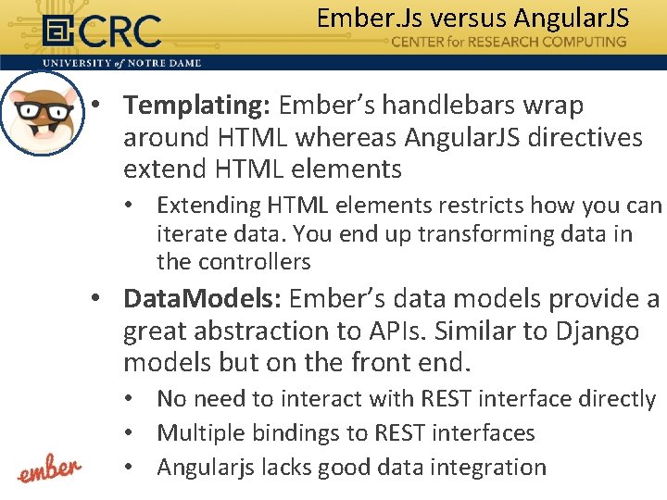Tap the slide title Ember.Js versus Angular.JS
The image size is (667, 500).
pos(472,18)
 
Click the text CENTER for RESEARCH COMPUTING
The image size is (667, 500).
pos(509,42)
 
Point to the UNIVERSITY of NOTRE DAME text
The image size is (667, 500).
pos(121,63)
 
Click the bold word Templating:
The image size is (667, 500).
pos(196,106)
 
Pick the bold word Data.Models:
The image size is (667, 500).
pos(203,299)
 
